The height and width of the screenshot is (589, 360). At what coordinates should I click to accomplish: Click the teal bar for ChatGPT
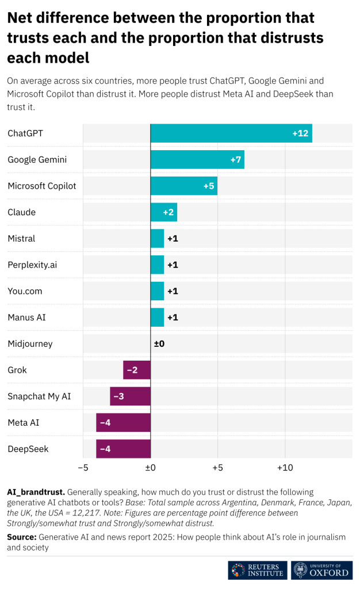(x=231, y=133)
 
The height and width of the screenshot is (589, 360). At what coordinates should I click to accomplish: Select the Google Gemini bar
(x=197, y=159)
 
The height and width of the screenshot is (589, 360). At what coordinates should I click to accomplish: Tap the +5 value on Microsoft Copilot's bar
(x=209, y=186)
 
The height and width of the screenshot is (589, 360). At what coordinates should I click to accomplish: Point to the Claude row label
(x=21, y=212)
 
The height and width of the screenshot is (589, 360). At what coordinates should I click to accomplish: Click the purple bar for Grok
(x=137, y=370)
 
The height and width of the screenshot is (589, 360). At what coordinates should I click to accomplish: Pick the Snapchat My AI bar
(x=131, y=396)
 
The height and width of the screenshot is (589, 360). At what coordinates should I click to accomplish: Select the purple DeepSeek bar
(x=123, y=449)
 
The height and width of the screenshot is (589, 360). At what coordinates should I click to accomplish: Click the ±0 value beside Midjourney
(x=159, y=344)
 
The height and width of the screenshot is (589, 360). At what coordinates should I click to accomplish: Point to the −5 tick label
(x=83, y=468)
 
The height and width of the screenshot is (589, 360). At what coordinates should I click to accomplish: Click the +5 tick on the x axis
(x=217, y=468)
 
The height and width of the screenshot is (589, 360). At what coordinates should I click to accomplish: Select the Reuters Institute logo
(x=257, y=570)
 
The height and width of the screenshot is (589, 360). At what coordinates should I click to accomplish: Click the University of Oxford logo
(x=321, y=570)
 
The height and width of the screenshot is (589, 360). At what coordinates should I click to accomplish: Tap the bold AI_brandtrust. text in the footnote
(x=36, y=492)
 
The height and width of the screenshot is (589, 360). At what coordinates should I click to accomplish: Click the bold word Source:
(x=21, y=537)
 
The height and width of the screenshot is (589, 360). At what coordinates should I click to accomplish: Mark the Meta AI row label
(x=24, y=423)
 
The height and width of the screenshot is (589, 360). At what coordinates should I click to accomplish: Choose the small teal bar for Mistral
(x=157, y=238)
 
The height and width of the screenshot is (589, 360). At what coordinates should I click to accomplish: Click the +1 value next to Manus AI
(x=173, y=318)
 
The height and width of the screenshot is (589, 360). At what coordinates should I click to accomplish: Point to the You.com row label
(x=25, y=291)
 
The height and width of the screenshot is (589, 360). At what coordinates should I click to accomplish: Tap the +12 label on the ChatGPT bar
(x=301, y=133)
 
